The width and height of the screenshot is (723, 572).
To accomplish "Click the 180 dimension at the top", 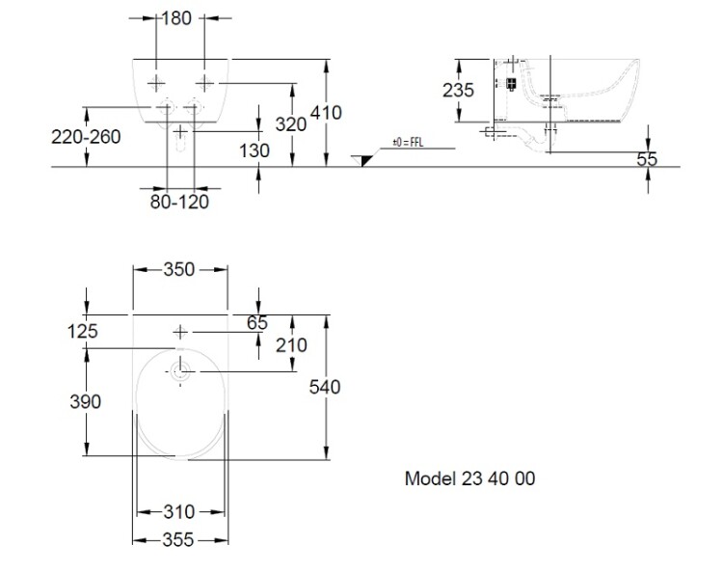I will (x=178, y=18).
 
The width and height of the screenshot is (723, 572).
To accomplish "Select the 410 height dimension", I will (x=326, y=114).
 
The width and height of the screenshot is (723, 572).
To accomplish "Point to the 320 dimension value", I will (x=290, y=123).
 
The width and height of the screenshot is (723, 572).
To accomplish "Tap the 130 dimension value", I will (x=255, y=151).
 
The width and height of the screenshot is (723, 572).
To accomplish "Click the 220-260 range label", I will (x=86, y=136).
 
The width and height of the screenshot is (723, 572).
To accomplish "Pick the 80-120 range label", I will (x=179, y=202).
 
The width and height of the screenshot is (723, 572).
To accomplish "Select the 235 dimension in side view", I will (x=459, y=91).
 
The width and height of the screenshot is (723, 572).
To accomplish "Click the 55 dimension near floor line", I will (x=646, y=160).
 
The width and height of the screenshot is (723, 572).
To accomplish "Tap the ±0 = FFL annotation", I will (x=409, y=143).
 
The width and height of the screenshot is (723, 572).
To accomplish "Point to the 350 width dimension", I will (x=179, y=270).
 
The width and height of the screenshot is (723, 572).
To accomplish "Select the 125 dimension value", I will (x=83, y=331).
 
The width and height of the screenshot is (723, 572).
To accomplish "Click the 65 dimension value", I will (x=256, y=323).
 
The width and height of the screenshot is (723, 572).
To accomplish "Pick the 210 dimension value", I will (x=291, y=345).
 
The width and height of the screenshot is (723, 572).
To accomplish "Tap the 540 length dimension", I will (x=326, y=387).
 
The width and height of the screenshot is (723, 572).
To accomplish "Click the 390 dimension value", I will (x=86, y=401).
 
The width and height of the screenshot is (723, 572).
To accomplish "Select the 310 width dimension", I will (x=180, y=512).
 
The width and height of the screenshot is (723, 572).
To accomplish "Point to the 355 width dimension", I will (x=180, y=541).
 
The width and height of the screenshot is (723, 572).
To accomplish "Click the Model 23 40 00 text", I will (x=469, y=478).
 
